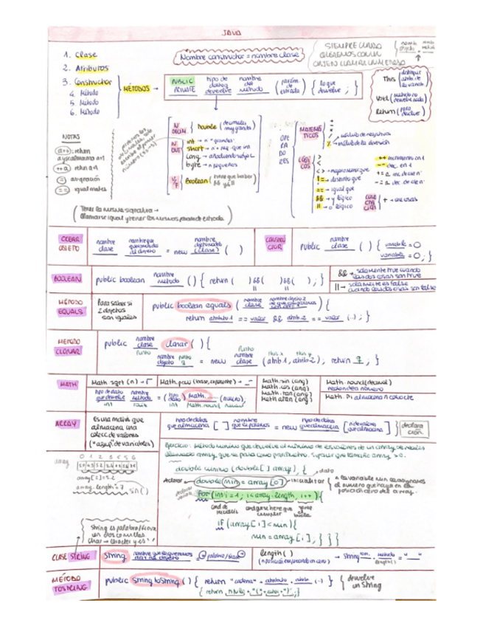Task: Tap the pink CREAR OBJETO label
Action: [71, 244]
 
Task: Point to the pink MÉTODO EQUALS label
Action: [71, 306]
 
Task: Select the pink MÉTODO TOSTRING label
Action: [71, 584]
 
